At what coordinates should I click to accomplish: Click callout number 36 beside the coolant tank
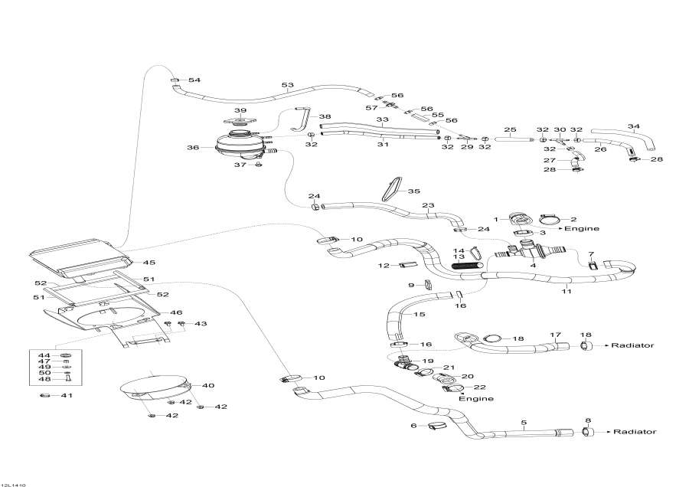click(193, 147)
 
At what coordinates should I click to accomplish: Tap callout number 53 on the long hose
click(288, 85)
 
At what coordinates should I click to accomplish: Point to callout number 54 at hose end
click(194, 80)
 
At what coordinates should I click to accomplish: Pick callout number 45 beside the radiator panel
click(149, 263)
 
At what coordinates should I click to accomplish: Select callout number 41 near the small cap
click(67, 395)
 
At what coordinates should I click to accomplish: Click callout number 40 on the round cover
click(208, 385)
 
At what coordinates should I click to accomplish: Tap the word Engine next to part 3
click(582, 228)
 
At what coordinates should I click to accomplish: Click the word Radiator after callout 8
click(635, 432)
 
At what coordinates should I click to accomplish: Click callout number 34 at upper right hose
click(633, 126)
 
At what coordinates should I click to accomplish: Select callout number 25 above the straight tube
click(510, 129)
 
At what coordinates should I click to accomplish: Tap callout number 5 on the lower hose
click(524, 422)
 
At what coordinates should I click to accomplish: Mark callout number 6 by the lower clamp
click(413, 425)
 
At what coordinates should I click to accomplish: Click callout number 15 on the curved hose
click(419, 315)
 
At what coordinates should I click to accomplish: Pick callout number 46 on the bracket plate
click(176, 312)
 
